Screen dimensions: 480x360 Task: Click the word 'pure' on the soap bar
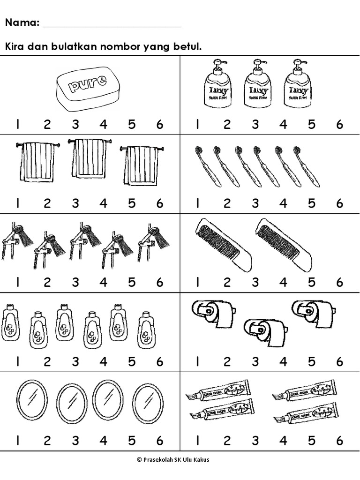87,85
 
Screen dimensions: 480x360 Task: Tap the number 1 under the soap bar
17,125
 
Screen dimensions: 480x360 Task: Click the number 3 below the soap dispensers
255,125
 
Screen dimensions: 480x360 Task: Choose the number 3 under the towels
75,203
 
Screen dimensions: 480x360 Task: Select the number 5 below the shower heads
132,282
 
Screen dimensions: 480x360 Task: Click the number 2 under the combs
227,282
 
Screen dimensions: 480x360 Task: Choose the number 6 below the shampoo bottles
160,361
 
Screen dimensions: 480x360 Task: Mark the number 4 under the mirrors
103,441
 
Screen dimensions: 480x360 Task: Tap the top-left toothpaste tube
218,389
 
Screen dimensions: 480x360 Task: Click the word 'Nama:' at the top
22,22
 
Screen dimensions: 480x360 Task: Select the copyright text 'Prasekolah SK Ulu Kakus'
180,460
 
